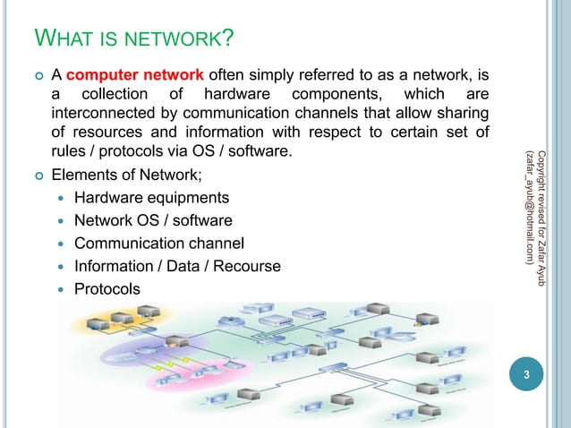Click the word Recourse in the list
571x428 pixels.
tap(245, 266)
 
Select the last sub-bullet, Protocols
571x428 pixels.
tap(107, 288)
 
